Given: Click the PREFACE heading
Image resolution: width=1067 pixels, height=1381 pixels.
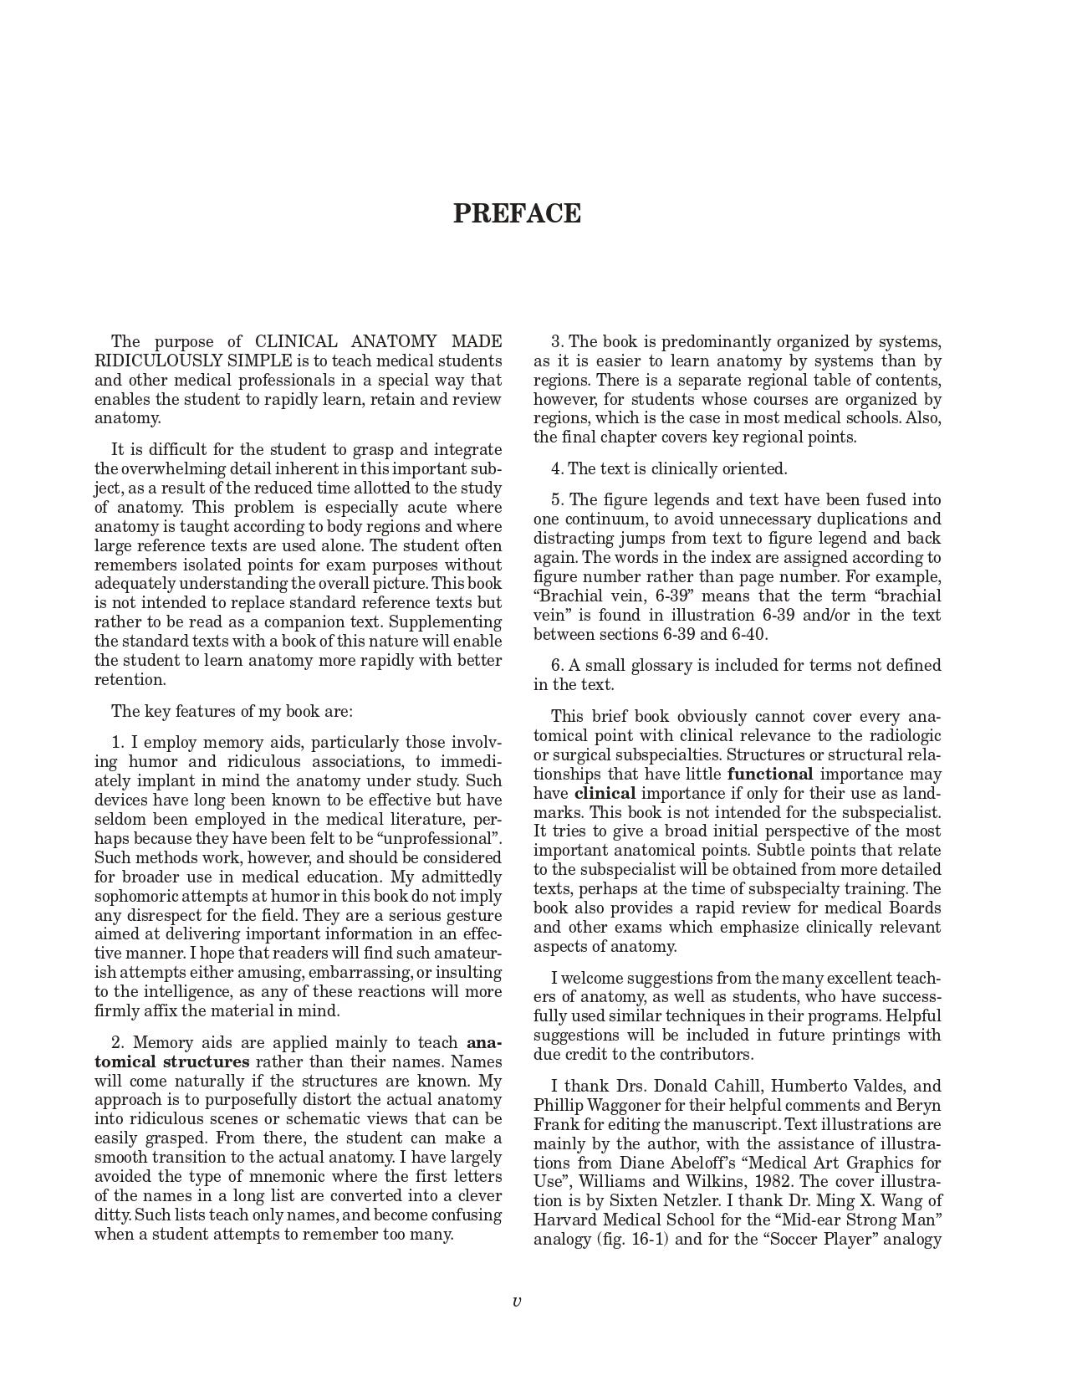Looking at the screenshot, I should [x=517, y=214].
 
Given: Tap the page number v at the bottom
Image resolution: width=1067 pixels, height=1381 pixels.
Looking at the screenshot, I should [x=517, y=1301].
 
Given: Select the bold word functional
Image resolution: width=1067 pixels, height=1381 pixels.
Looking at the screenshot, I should [x=770, y=775].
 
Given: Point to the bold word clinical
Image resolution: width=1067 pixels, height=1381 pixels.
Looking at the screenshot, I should [x=605, y=794].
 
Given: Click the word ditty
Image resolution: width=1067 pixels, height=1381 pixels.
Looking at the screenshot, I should [x=112, y=1215].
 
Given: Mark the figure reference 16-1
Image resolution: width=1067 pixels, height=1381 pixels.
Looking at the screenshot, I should [x=647, y=1240].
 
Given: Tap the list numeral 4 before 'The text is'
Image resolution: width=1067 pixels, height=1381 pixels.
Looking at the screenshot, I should [x=555, y=469].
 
